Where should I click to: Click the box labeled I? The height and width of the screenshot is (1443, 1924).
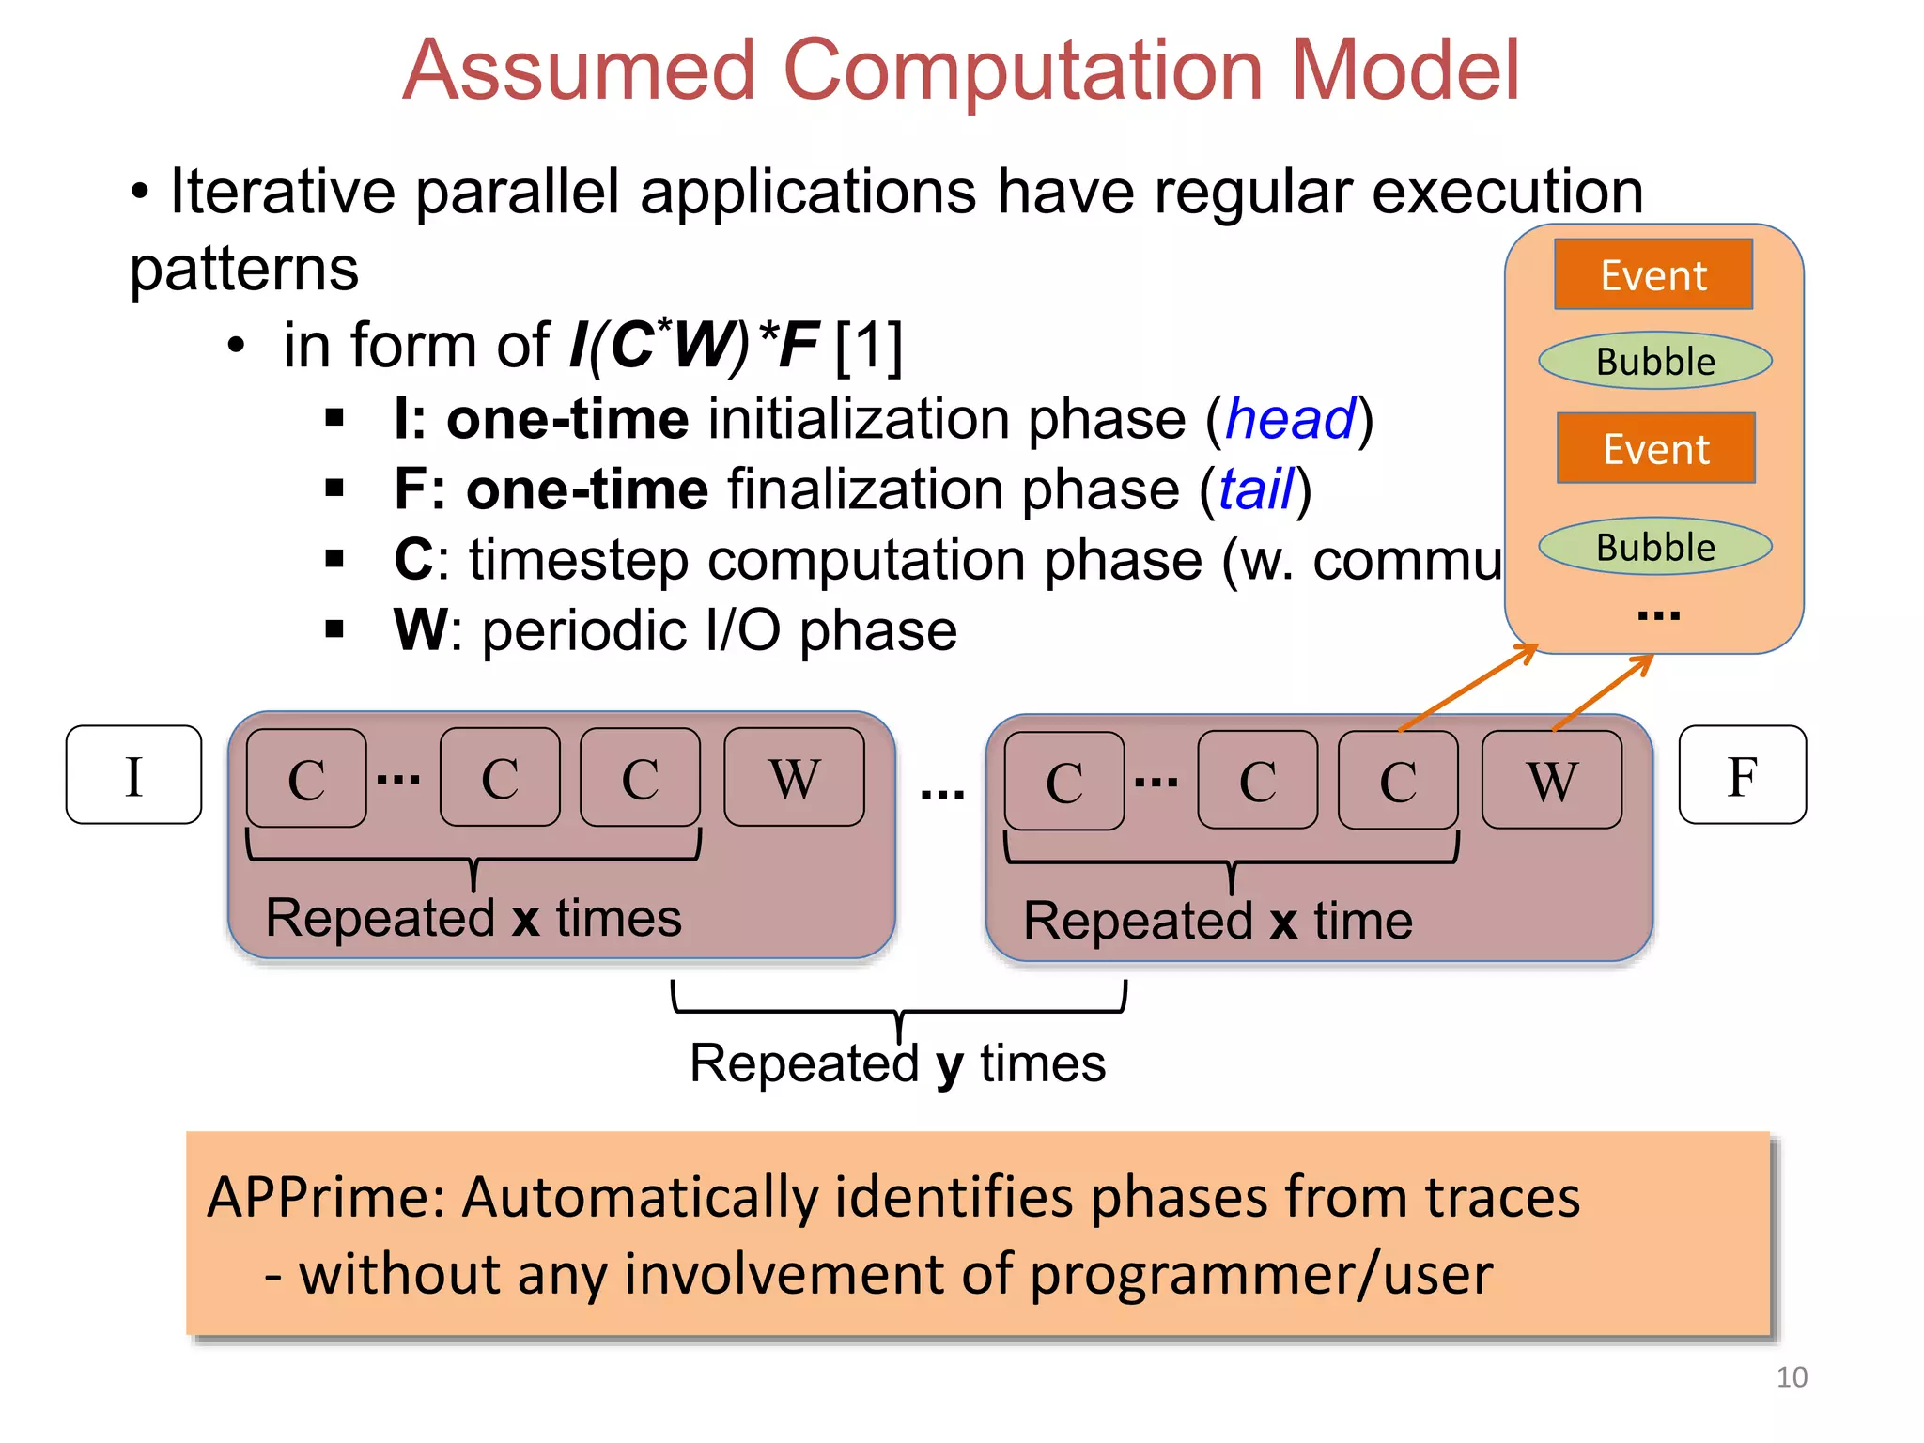click(x=133, y=775)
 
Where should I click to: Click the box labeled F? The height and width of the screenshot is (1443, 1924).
click(x=1742, y=775)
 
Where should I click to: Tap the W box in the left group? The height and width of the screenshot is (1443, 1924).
click(x=794, y=777)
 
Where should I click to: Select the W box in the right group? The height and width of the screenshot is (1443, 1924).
click(x=1551, y=780)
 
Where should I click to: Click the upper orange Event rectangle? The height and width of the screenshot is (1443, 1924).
click(x=1653, y=274)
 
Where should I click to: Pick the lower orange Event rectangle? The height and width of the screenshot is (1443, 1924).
click(x=1655, y=448)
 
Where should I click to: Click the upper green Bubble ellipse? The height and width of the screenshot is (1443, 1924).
click(x=1655, y=361)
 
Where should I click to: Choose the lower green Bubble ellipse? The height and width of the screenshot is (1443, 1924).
click(x=1655, y=547)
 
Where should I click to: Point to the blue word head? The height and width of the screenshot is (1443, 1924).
click(x=1291, y=418)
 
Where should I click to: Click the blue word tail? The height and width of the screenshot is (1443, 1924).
click(x=1256, y=489)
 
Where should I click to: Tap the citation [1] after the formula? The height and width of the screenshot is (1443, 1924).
click(x=869, y=346)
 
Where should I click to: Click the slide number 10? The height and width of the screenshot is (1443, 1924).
click(x=1792, y=1377)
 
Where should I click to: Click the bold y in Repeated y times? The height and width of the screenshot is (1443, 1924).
click(x=950, y=1064)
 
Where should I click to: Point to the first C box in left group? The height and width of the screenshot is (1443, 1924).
click(x=306, y=778)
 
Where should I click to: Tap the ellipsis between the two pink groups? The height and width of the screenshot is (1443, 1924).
click(x=941, y=794)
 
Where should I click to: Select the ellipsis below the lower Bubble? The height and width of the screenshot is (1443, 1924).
click(x=1657, y=615)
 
